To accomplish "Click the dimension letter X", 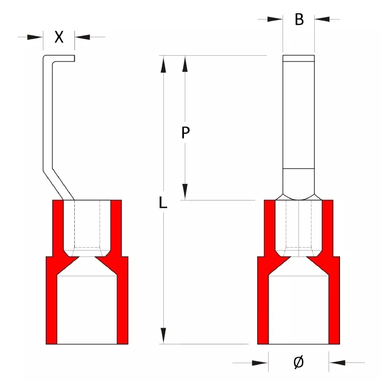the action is [x=59, y=37].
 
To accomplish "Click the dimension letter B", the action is [x=299, y=20].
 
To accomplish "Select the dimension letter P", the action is [x=185, y=132].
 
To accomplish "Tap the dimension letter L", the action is [x=163, y=202].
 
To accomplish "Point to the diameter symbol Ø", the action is [x=299, y=362].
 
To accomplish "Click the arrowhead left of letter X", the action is [x=35, y=37].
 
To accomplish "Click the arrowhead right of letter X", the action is [x=82, y=37].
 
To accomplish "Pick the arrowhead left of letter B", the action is [x=275, y=19].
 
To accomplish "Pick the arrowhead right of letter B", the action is [x=322, y=19].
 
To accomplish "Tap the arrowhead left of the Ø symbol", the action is [x=260, y=363].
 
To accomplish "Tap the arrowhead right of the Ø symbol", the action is [x=337, y=363].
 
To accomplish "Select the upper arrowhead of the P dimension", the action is [x=185, y=64].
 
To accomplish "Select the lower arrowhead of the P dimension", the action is [x=185, y=192].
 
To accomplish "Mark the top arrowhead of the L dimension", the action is [x=163, y=64].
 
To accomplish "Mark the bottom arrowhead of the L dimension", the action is [x=163, y=336].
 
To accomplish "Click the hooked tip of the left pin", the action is [x=64, y=58].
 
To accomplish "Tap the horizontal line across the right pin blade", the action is [x=299, y=169].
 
